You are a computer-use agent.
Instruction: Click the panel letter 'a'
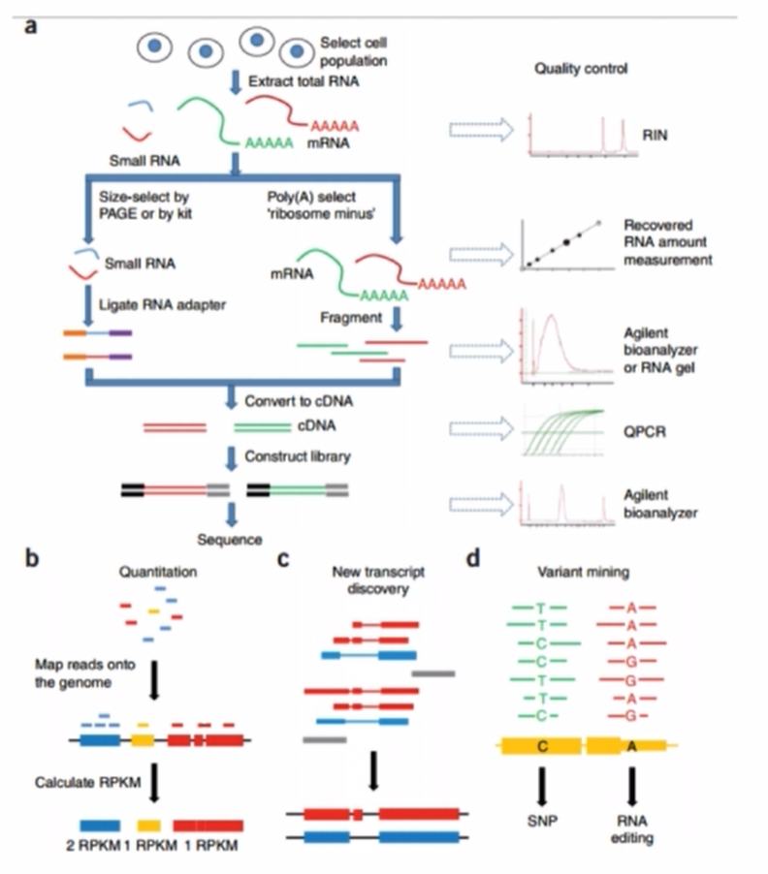click(31, 26)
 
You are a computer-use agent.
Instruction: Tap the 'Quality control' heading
click(581, 69)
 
